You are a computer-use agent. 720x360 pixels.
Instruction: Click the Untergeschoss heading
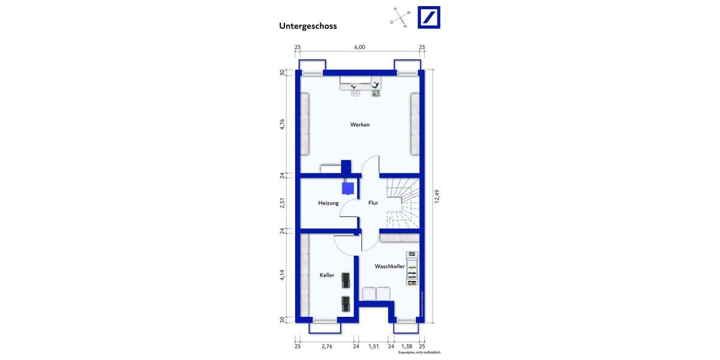point(308,26)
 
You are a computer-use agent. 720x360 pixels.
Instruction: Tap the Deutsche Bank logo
point(428,17)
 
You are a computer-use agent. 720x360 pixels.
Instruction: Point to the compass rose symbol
point(400,18)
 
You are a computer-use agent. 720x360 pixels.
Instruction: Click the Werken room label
point(360,125)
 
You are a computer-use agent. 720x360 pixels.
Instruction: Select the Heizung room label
point(328,203)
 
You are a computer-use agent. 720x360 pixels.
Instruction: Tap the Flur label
point(373,203)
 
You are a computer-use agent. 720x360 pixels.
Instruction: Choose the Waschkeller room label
point(389,266)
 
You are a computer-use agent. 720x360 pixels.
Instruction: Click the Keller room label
point(326,275)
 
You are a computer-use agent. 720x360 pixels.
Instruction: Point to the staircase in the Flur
point(401,204)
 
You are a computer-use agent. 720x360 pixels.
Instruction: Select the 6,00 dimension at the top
point(359,47)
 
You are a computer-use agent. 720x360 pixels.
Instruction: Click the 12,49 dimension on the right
point(437,196)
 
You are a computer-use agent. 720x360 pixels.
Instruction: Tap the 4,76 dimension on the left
point(282,125)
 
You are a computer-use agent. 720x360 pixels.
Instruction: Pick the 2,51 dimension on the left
point(282,203)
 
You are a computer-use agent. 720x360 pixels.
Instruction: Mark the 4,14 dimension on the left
point(282,275)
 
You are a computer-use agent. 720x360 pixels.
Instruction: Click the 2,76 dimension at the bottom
point(327,347)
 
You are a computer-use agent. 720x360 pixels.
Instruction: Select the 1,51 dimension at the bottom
point(373,347)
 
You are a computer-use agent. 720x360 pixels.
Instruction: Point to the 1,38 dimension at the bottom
point(406,347)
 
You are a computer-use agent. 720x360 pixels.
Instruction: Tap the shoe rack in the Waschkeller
point(412,268)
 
